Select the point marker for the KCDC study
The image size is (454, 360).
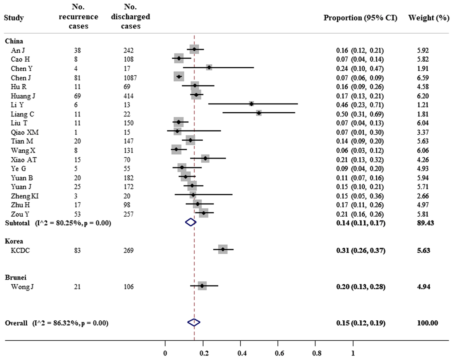click(223, 249)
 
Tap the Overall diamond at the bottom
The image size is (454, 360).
click(194, 322)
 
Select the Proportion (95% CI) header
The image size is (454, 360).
click(361, 18)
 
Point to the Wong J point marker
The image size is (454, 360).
click(202, 286)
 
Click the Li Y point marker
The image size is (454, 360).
click(252, 104)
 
